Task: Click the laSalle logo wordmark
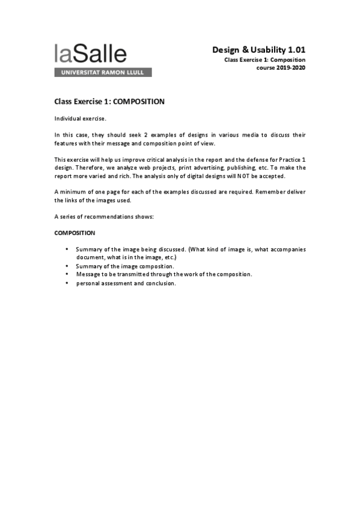point(90,54)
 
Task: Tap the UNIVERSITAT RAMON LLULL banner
point(103,72)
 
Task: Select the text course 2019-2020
point(281,68)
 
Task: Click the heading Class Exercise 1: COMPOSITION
point(109,102)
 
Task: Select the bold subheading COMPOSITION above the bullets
point(75,232)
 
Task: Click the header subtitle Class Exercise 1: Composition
point(264,60)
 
